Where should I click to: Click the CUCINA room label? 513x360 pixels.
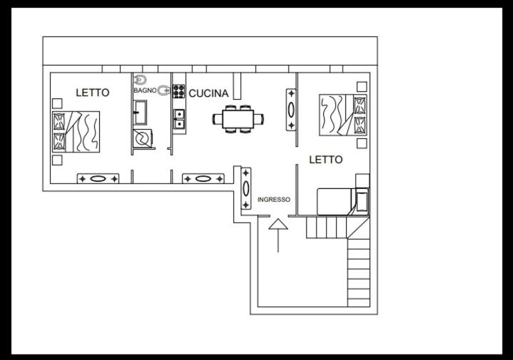point(208,93)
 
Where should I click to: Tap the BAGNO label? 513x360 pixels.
point(145,91)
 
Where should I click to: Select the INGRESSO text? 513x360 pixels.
point(274,200)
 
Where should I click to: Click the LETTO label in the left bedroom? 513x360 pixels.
point(93,93)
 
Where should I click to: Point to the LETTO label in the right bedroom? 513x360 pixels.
point(326,160)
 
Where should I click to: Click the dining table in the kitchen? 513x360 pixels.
point(238,119)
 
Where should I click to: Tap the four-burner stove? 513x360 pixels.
point(178,91)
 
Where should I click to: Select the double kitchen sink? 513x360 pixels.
point(179,119)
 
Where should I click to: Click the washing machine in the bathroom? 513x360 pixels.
point(143,138)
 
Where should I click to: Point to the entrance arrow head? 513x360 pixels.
point(278,225)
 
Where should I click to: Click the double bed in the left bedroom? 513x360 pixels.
point(76,132)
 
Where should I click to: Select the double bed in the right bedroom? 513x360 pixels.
point(343,115)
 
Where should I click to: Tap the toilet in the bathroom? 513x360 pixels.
point(141,79)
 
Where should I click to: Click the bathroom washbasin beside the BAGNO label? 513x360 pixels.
point(163,91)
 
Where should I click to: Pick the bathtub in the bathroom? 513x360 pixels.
point(140,113)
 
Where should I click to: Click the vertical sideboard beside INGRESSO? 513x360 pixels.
point(246,188)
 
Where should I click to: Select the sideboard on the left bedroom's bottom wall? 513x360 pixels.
point(98,178)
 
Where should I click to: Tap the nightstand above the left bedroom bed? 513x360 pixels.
point(57,103)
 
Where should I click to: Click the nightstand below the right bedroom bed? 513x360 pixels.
point(362,143)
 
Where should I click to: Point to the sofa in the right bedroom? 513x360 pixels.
point(342,202)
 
